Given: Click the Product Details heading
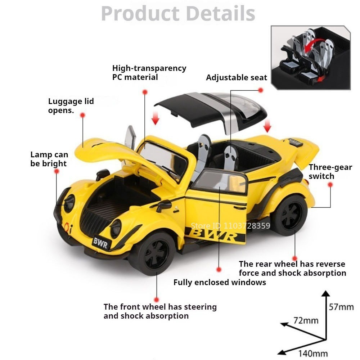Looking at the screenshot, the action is [x=178, y=13].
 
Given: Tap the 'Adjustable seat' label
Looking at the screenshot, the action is [x=237, y=78].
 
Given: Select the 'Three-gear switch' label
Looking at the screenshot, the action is [x=330, y=172].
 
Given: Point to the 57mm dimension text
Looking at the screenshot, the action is [x=341, y=307].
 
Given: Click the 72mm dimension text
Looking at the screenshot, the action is [x=306, y=320].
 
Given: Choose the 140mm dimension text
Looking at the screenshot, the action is [x=313, y=353].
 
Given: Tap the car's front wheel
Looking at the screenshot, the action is [x=154, y=253].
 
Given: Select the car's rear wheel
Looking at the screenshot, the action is [x=290, y=215].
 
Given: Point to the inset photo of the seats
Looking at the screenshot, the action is [x=311, y=57].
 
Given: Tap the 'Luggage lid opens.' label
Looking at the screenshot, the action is [x=71, y=106].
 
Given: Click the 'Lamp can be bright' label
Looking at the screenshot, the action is [x=49, y=159].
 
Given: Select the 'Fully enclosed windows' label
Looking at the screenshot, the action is [x=220, y=282].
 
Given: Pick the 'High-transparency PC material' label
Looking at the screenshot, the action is [x=149, y=73].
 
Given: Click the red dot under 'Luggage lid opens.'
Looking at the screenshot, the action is [x=83, y=115].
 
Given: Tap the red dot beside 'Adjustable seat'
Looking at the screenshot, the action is [x=260, y=90].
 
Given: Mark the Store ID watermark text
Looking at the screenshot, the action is [x=230, y=226].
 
